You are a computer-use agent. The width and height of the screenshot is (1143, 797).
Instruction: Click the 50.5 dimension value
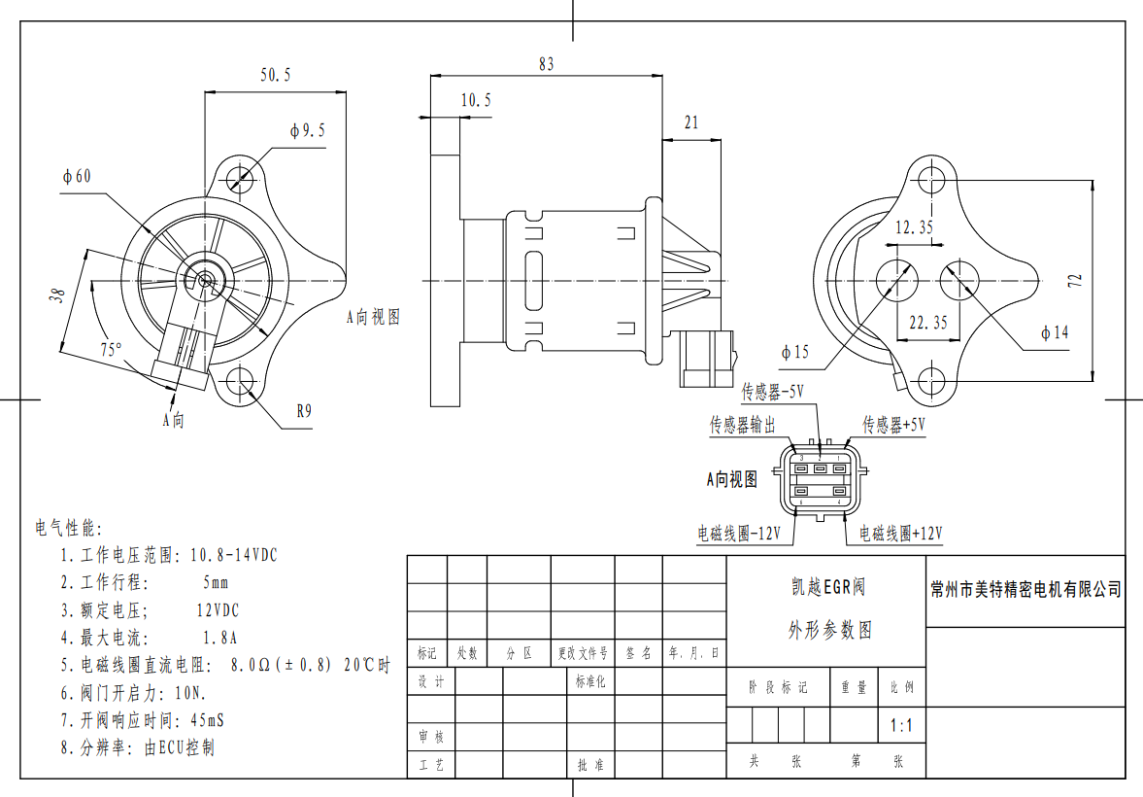[275, 75]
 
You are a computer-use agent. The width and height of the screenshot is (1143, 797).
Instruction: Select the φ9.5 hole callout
[307, 130]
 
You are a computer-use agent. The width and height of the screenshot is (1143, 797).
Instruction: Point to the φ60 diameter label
[77, 177]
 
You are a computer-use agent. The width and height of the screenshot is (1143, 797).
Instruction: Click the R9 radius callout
[304, 411]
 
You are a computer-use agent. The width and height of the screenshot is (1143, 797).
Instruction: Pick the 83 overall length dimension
[546, 64]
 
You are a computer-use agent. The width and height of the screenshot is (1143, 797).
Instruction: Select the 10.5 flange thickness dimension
[476, 100]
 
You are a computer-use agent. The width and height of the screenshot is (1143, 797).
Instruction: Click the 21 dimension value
[691, 122]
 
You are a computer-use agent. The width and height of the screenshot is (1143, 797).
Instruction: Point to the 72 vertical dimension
[1074, 280]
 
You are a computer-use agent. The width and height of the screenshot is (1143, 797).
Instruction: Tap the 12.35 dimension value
[913, 227]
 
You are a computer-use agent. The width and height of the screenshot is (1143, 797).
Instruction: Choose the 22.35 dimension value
[927, 324]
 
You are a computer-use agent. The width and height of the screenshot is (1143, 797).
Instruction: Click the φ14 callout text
[1054, 333]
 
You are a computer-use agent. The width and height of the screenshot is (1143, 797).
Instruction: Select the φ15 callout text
[794, 352]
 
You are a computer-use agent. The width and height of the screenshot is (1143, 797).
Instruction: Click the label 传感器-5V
[773, 393]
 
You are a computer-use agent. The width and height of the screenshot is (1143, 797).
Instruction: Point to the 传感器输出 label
[743, 425]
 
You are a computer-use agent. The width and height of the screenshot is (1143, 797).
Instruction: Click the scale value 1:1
[901, 725]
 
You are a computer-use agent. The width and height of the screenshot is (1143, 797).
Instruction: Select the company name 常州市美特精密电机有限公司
[1025, 589]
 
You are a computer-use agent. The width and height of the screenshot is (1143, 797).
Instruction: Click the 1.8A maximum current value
[220, 639]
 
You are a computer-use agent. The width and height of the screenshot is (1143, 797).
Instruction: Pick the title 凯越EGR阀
[827, 587]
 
